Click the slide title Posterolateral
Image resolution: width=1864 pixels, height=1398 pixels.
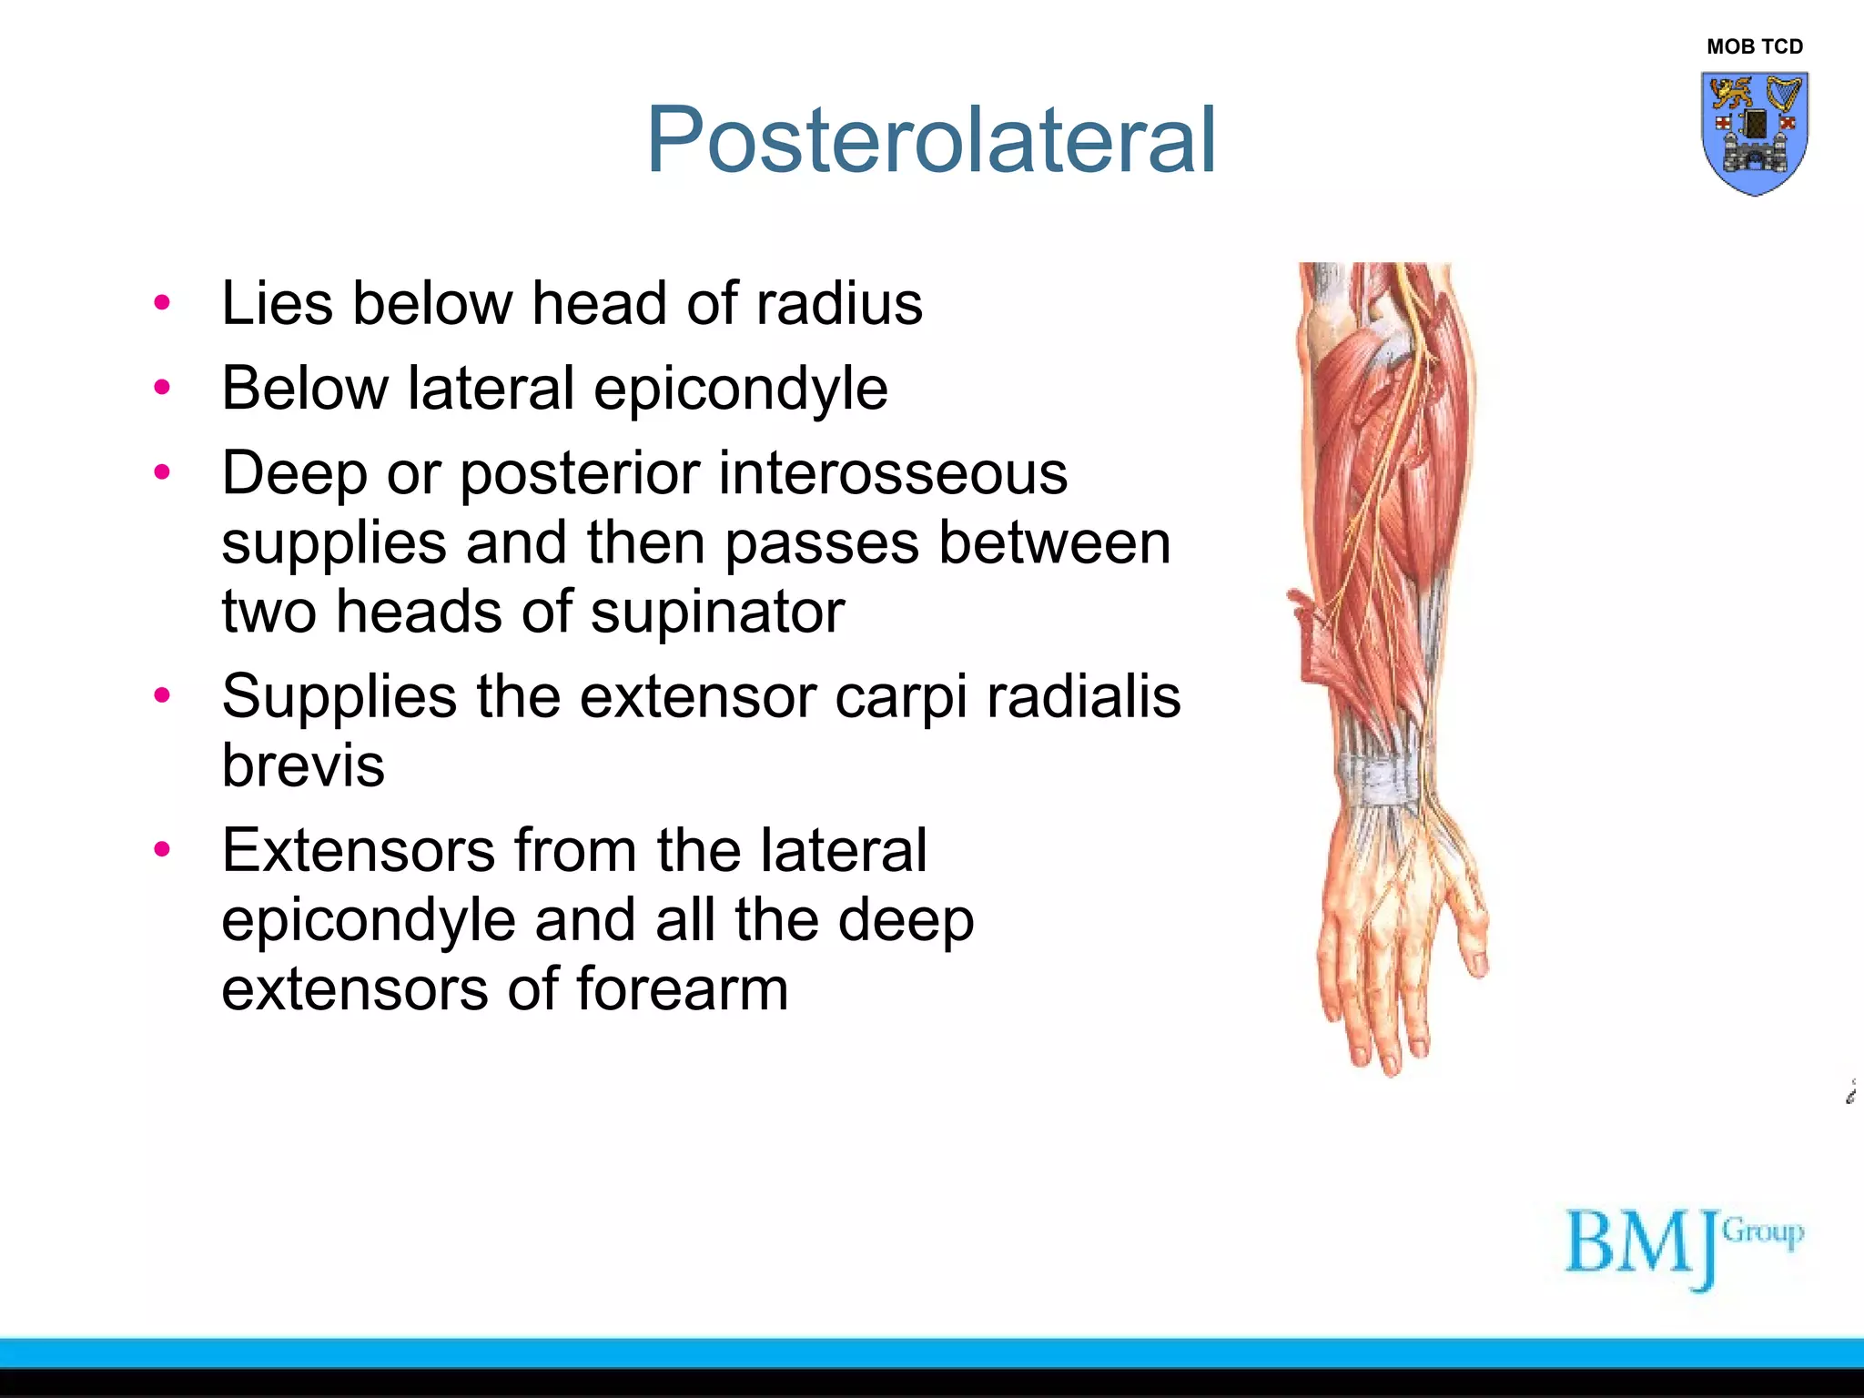pos(930,140)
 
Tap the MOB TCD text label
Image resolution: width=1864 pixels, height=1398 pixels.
pos(1754,46)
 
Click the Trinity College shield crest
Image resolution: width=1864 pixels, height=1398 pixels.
pos(1754,133)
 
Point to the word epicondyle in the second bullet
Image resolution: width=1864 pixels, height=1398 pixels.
pos(741,390)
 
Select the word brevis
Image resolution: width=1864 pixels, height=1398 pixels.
pos(303,765)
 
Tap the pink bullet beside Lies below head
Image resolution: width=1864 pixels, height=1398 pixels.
pos(162,303)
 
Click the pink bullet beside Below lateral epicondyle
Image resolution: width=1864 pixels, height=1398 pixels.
pos(162,389)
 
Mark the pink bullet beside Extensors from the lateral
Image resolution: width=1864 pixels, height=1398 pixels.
pos(162,850)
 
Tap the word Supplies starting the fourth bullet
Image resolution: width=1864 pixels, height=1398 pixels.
pos(339,697)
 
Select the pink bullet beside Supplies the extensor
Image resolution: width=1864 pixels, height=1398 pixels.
pos(162,696)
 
